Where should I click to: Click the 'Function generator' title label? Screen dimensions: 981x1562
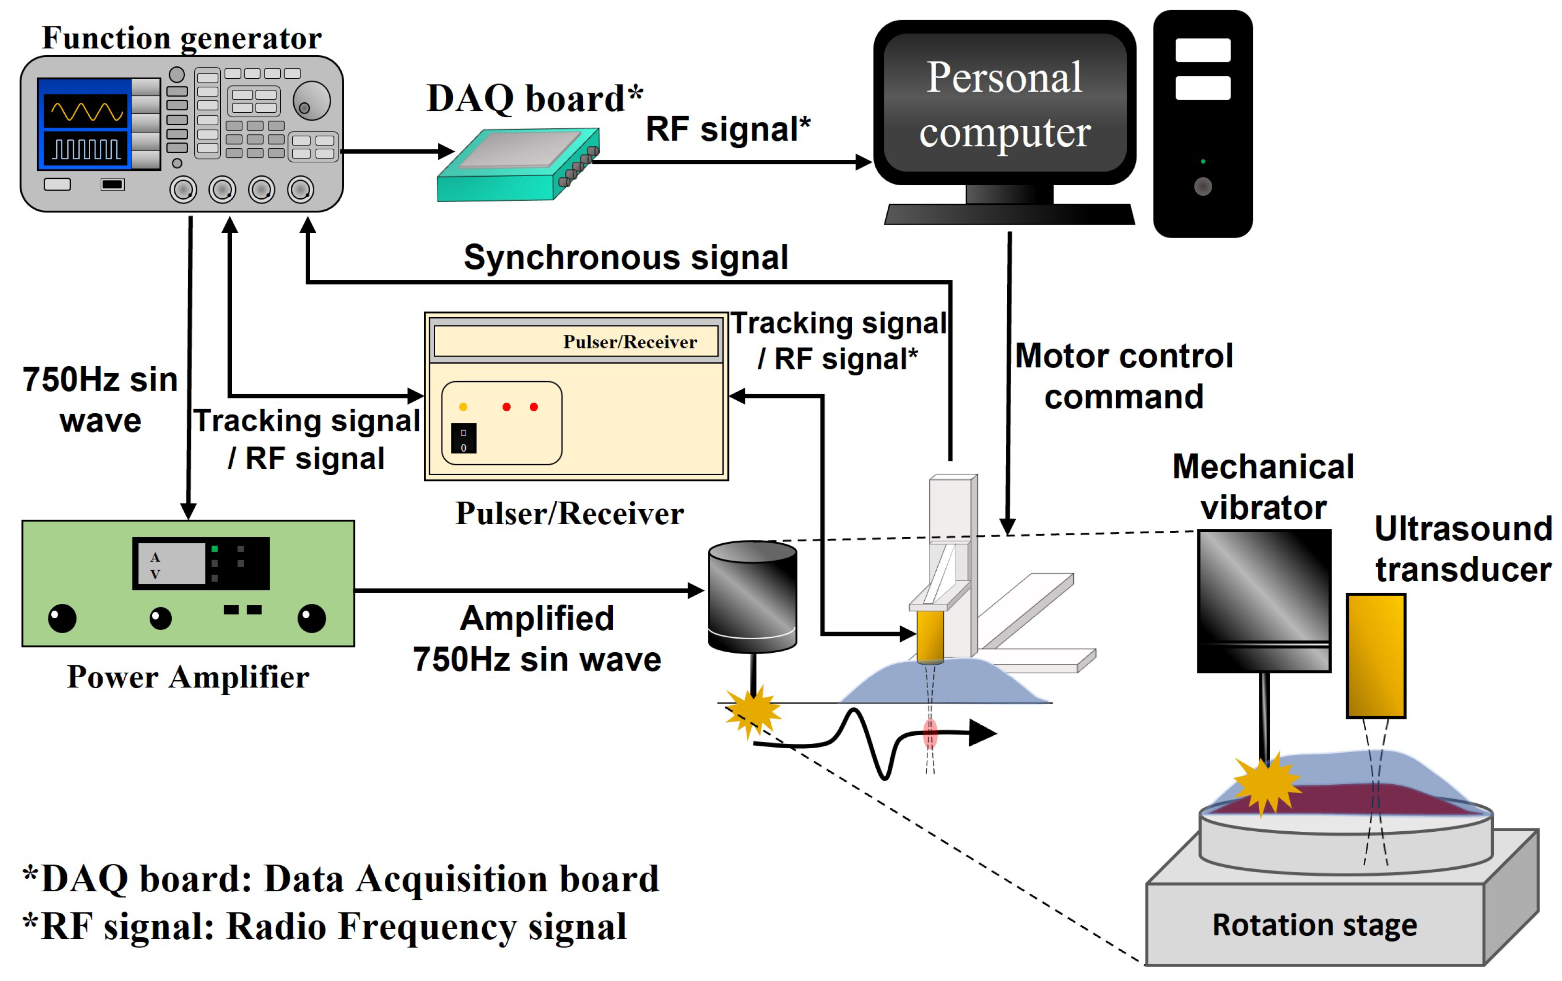tap(181, 37)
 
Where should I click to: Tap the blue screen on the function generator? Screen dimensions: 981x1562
tap(85, 123)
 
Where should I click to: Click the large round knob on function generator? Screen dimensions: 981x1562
tap(311, 101)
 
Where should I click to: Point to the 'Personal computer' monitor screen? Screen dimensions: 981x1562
tap(1004, 104)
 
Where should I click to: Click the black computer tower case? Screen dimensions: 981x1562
tap(1202, 123)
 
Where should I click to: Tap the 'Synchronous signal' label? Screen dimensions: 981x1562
tap(625, 258)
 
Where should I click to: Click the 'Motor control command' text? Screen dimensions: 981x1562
tap(1123, 376)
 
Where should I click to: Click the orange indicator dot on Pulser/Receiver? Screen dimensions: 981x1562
tap(463, 407)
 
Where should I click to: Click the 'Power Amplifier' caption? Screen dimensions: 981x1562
tap(188, 677)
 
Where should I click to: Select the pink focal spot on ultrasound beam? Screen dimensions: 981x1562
tap(930, 733)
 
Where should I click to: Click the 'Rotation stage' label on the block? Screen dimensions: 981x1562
tap(1314, 924)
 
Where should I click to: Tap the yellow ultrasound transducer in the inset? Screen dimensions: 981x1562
tap(1375, 655)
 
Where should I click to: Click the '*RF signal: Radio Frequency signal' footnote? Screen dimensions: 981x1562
tap(324, 926)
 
